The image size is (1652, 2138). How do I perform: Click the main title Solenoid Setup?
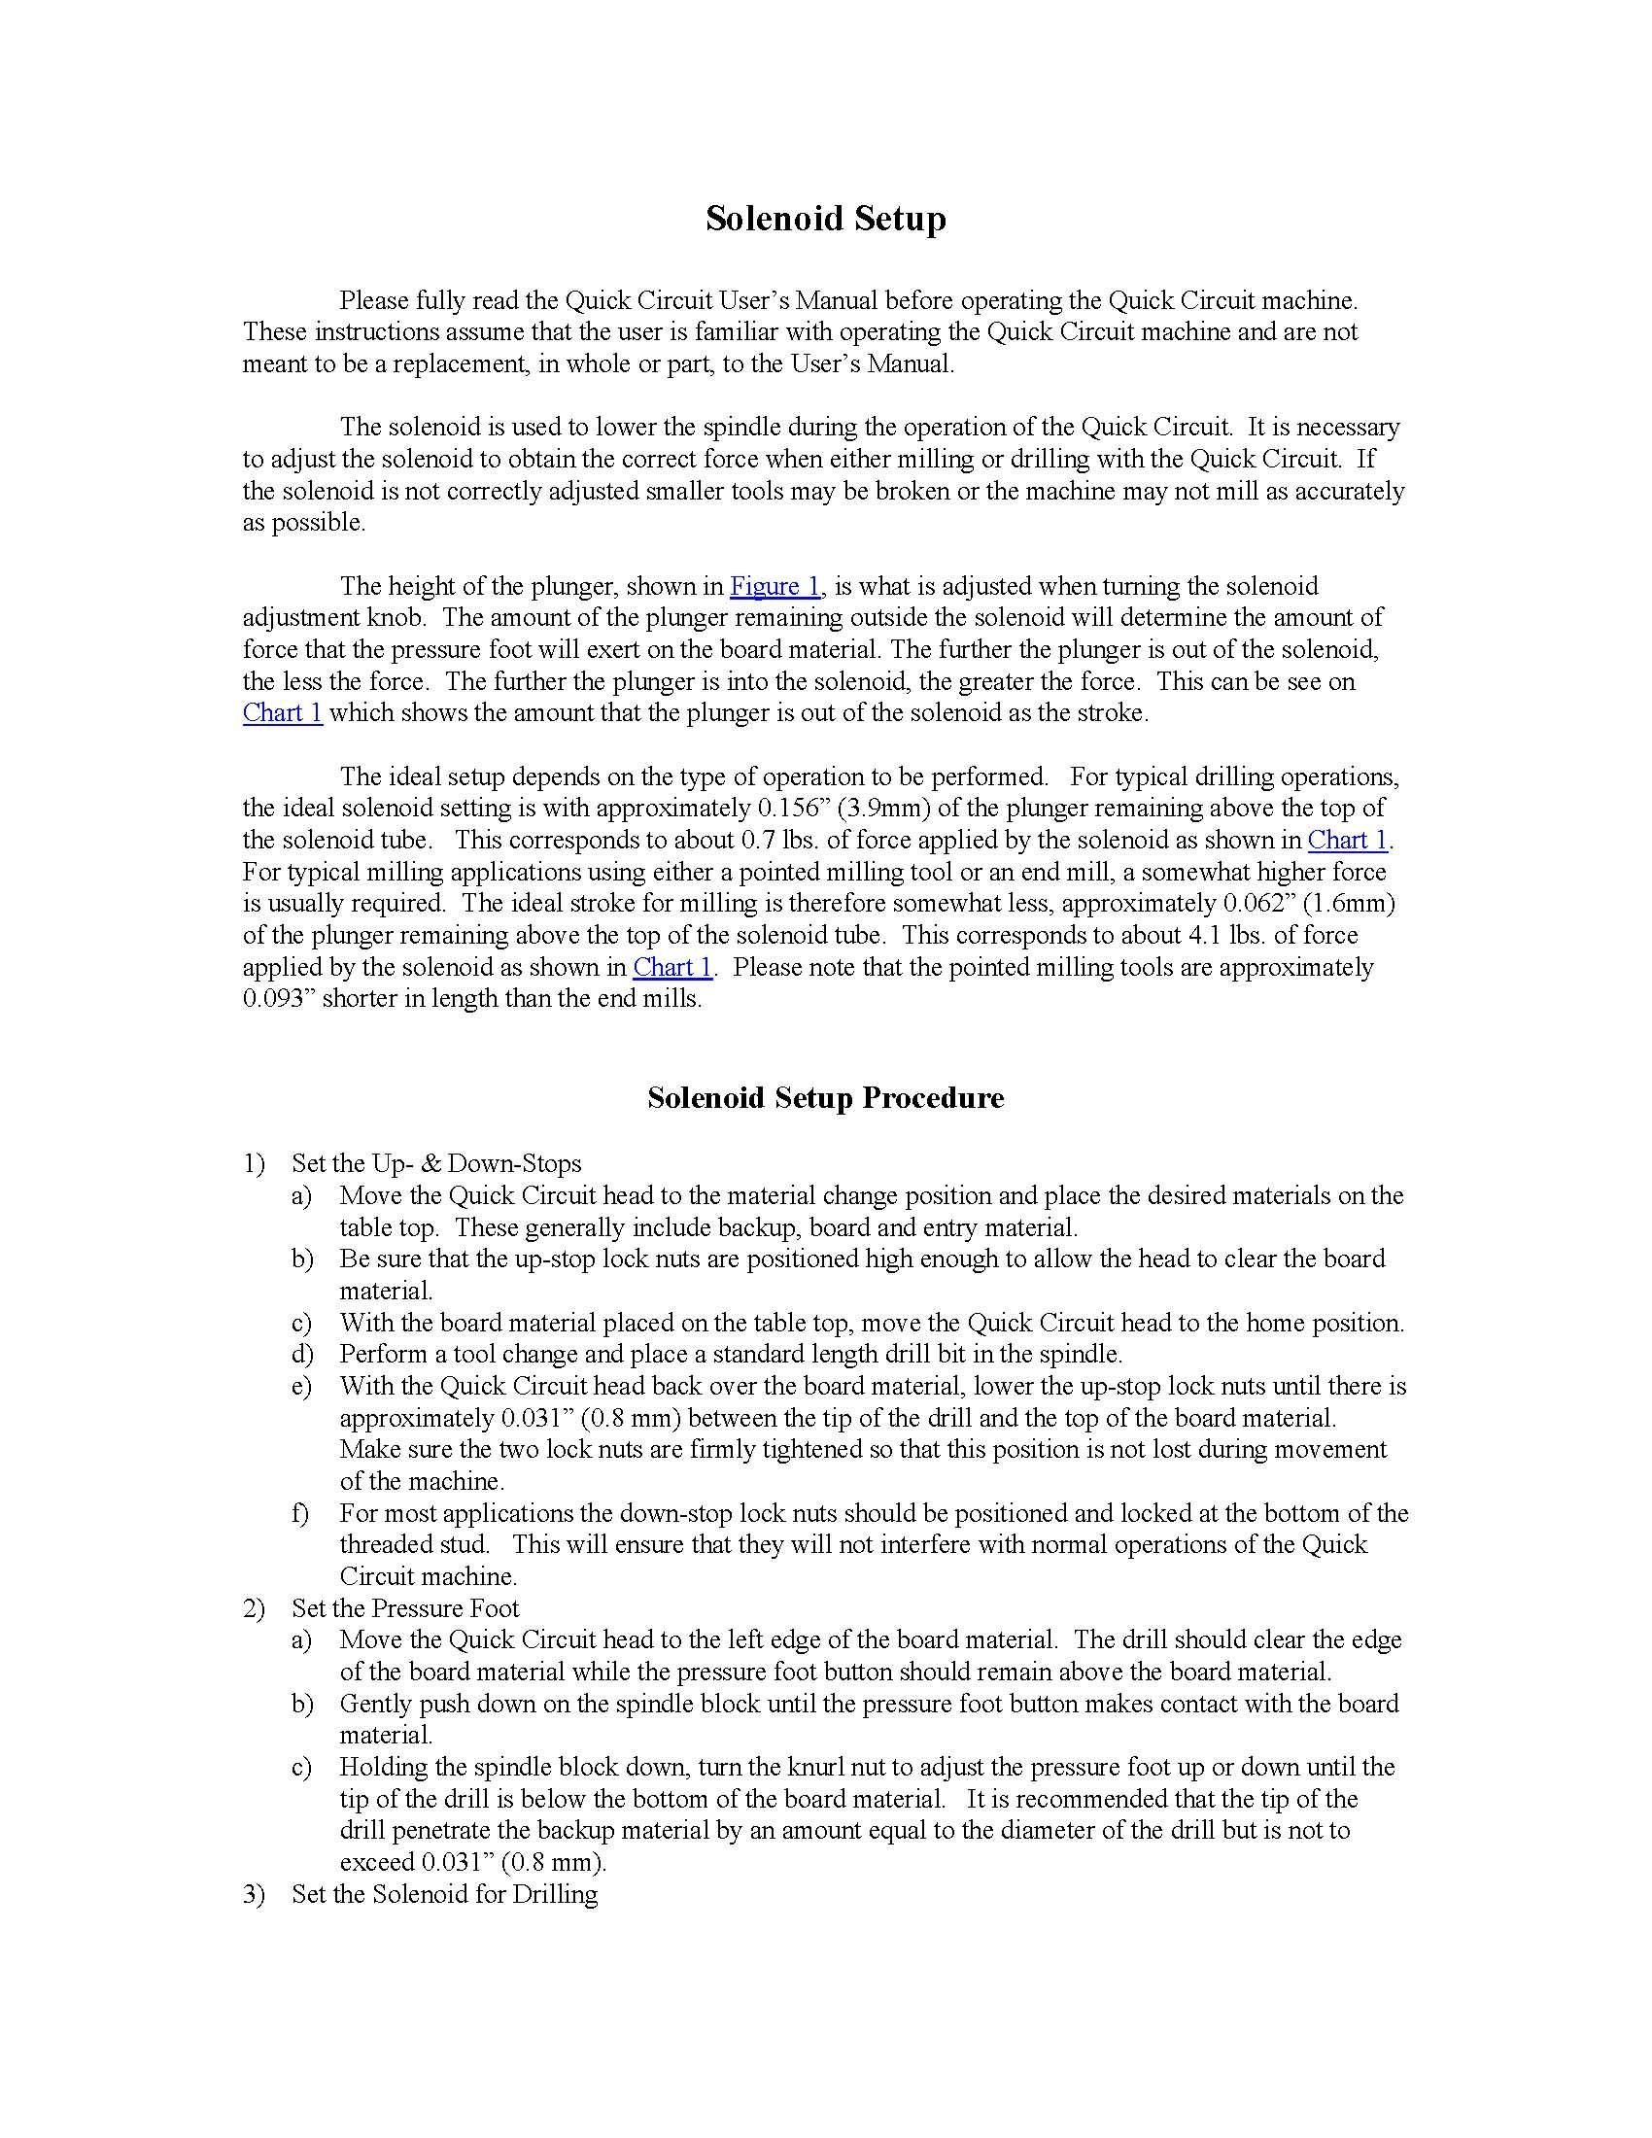[825, 219]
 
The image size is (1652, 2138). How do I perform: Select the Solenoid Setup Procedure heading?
[825, 1097]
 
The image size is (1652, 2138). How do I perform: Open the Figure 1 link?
[775, 586]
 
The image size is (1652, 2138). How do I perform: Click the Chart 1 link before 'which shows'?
[282, 712]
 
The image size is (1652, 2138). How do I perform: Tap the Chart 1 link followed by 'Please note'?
[672, 967]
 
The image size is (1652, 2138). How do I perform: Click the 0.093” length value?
[278, 999]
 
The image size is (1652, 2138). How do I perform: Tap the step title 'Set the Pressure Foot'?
[405, 1607]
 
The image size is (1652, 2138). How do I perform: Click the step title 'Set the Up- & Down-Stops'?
[436, 1163]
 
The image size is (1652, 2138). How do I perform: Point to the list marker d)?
[301, 1354]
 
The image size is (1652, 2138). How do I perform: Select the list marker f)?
[299, 1513]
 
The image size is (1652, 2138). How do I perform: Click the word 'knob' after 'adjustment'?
[396, 618]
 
